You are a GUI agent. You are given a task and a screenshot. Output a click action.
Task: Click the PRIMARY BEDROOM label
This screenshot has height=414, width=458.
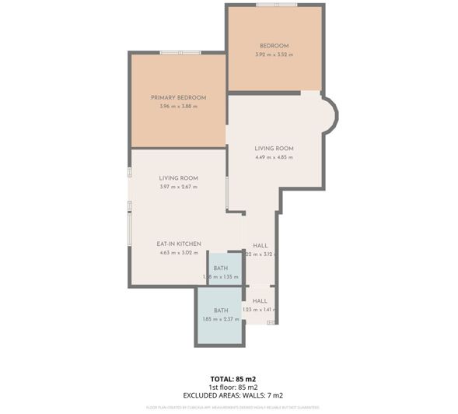(178, 97)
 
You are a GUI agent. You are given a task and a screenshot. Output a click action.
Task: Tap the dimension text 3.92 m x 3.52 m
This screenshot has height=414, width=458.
(274, 54)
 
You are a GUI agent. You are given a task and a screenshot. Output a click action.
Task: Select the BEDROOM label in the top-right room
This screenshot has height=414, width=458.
(274, 46)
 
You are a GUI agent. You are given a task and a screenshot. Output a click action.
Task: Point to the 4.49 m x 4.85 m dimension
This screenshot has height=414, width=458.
(274, 157)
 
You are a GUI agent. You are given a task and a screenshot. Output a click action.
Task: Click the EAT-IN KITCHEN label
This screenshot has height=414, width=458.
(180, 244)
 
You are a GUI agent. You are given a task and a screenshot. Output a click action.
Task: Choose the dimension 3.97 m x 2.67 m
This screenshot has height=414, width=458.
(178, 187)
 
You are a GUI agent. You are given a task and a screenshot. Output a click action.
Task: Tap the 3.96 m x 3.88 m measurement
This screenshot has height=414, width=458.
(178, 106)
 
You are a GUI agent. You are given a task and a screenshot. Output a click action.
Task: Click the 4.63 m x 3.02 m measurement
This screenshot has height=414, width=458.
(180, 252)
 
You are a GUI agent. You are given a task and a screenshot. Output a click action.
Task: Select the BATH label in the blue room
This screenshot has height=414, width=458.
(211, 310)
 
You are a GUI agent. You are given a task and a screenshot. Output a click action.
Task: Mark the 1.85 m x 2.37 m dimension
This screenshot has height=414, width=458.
(211, 319)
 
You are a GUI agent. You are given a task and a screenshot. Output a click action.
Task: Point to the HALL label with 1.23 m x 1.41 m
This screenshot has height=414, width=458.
(260, 300)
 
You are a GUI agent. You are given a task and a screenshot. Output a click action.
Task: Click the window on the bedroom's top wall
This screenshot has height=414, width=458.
(277, 5)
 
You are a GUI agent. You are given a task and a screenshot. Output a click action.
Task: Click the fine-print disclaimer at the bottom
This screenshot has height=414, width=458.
(233, 407)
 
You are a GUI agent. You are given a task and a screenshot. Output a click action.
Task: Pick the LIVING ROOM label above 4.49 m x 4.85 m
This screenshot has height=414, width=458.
(274, 149)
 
